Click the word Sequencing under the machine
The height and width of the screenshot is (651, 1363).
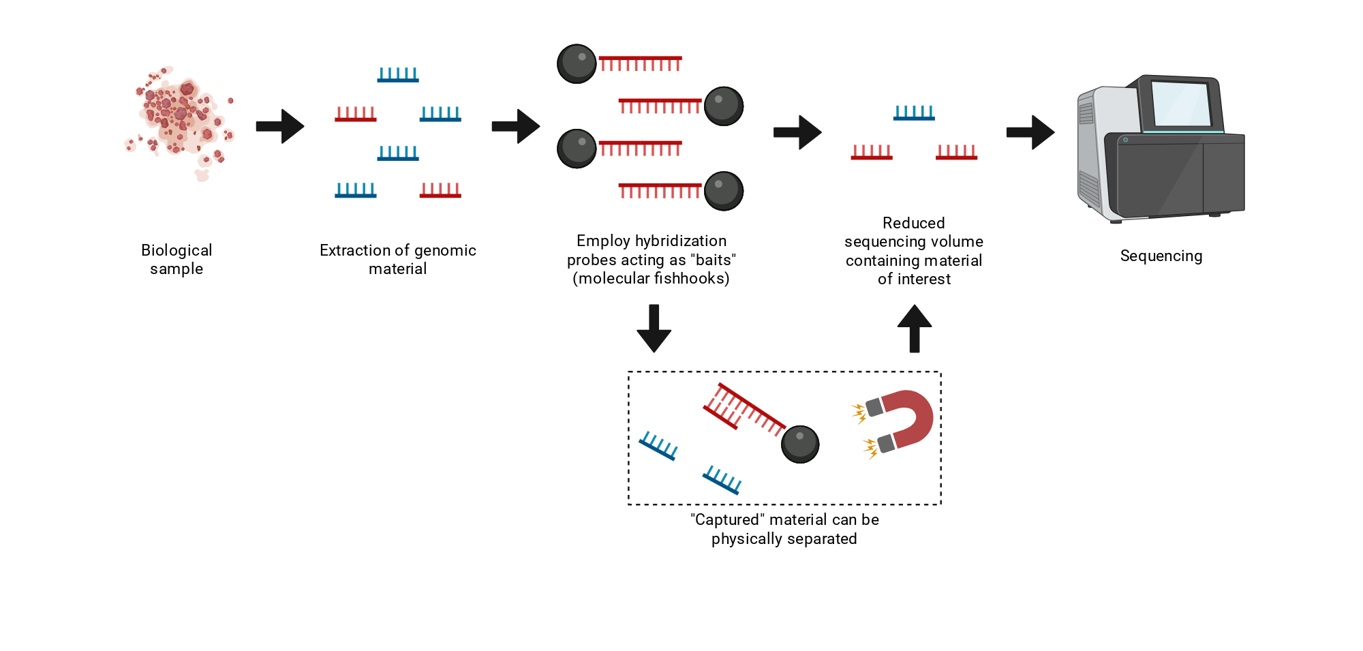pos(1161,256)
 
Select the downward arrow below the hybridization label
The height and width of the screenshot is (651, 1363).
pos(654,329)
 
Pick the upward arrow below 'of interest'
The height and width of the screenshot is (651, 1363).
pos(915,329)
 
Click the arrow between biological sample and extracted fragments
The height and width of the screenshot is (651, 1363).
pos(280,126)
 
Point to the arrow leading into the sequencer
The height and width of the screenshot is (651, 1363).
pos(1030,132)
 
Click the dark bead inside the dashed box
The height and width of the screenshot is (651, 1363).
pos(800,444)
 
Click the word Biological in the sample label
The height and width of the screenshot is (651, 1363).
pos(177,250)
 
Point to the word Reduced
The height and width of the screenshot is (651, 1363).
pos(914,223)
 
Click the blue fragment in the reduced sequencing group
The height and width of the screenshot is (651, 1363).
pos(914,113)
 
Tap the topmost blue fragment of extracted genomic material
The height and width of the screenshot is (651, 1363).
pos(398,75)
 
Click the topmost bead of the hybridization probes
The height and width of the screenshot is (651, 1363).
pos(577,64)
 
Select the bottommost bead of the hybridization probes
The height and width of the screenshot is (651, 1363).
pos(724,191)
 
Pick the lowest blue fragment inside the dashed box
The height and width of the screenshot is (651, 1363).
pos(722,480)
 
